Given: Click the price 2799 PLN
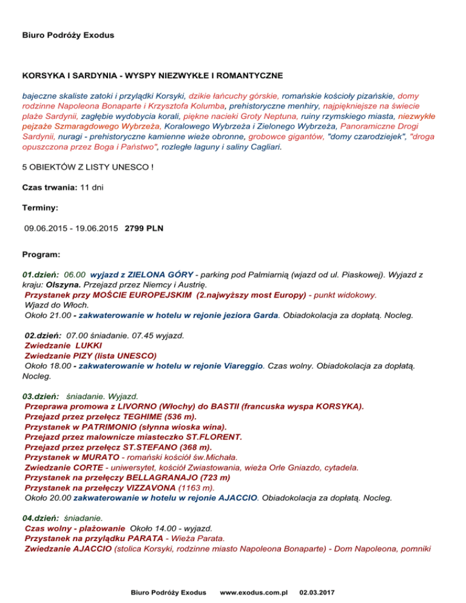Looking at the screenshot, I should [143, 229].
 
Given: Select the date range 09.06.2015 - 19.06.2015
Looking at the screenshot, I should [71, 229].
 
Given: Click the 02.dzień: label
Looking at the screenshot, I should [42, 335].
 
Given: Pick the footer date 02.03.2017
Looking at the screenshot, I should [320, 590].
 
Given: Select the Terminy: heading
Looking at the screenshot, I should [40, 208].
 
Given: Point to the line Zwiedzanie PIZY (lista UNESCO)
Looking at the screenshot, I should [90, 355].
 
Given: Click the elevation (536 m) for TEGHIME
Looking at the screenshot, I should [175, 416].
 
